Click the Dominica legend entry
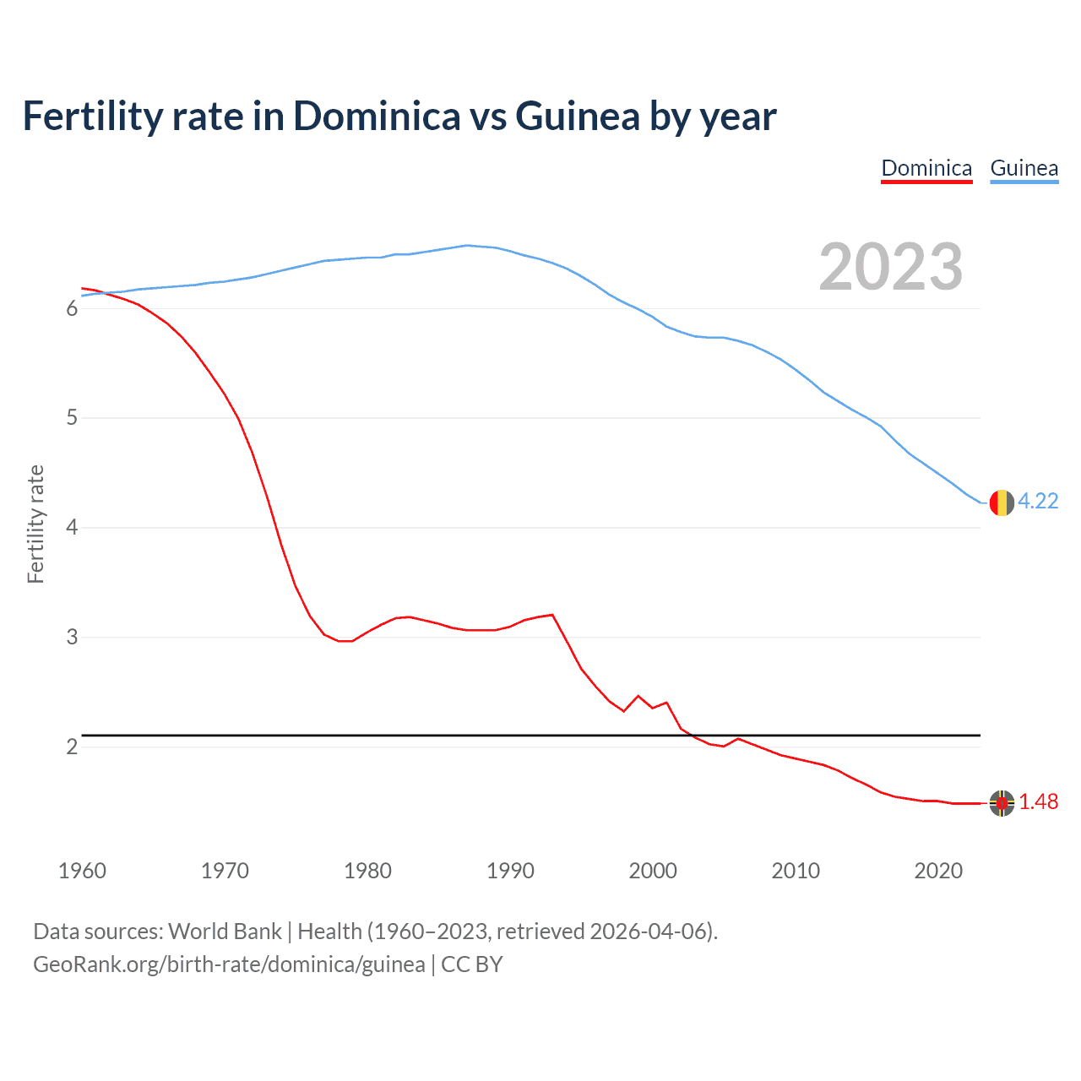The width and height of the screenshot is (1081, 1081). [x=926, y=168]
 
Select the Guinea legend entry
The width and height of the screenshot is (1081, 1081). [x=1024, y=168]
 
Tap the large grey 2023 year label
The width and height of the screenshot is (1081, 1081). [x=890, y=267]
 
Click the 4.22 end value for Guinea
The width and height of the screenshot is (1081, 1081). [x=1038, y=501]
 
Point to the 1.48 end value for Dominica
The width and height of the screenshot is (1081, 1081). [x=1038, y=801]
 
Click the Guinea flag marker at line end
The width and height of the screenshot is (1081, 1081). [x=1002, y=502]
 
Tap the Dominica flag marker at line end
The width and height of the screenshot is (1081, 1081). [x=1002, y=803]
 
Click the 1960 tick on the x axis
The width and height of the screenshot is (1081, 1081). [x=82, y=871]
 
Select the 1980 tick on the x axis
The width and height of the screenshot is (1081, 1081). [x=367, y=871]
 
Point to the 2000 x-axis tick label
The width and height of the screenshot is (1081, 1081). [x=653, y=871]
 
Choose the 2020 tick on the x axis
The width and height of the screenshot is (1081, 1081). [x=938, y=871]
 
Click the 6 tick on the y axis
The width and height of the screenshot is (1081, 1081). [x=72, y=308]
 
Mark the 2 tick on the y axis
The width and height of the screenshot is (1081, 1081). [x=72, y=747]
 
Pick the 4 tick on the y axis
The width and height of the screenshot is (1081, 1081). [x=72, y=528]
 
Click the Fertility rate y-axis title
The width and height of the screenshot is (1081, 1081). [x=35, y=524]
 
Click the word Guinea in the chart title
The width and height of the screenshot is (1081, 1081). [x=578, y=117]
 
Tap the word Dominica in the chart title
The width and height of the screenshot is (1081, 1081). [x=377, y=117]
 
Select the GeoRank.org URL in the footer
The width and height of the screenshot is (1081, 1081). [x=229, y=964]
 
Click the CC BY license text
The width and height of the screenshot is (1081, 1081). [x=472, y=964]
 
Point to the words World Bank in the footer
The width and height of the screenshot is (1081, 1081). [x=225, y=931]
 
